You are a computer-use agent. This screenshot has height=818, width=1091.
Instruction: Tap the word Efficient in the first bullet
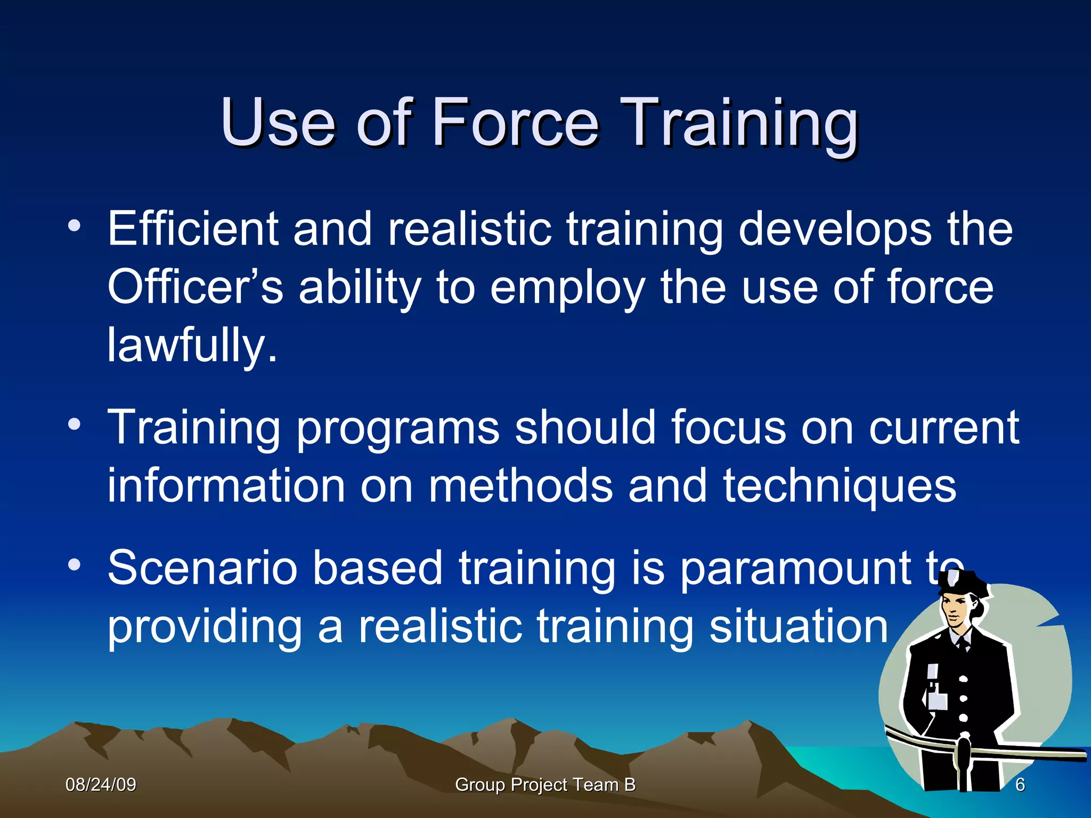click(x=193, y=229)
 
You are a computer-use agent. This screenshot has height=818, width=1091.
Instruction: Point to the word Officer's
click(x=195, y=288)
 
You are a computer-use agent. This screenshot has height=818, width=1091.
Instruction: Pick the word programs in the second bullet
click(x=397, y=429)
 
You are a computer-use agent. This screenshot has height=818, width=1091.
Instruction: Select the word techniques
click(x=840, y=486)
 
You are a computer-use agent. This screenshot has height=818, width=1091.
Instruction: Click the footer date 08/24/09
click(x=101, y=784)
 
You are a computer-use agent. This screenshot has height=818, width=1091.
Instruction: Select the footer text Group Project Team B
click(x=545, y=784)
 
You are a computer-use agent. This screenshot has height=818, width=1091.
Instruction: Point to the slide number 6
click(x=1020, y=784)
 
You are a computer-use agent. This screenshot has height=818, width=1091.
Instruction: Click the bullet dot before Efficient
click(x=74, y=226)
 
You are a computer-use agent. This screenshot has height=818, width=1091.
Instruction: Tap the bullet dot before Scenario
click(x=74, y=565)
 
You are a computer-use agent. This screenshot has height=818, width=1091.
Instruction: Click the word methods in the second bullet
click(x=520, y=486)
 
